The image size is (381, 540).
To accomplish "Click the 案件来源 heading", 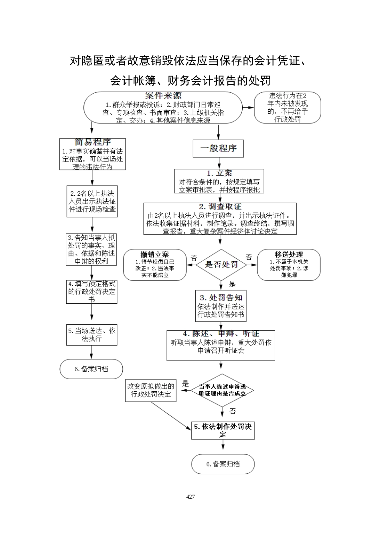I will coord(163,96).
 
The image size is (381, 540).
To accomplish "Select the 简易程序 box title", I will coord(93,142).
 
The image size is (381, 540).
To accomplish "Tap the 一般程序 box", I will coord(219,148).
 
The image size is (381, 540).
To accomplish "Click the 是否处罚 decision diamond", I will coord(221,264).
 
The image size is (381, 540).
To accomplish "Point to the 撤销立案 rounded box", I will coord(155,265).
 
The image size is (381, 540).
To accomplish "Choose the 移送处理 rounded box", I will coord(289,265).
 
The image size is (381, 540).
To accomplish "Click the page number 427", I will coord(190,497).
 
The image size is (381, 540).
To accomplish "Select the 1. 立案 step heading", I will coord(219,173).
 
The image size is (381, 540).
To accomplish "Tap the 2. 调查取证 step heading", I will coord(220,207).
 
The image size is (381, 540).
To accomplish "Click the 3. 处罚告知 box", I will coord(221,306).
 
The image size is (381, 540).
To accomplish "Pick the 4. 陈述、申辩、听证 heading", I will coord(221,334).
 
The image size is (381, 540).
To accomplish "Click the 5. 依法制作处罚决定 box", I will coord(223,430).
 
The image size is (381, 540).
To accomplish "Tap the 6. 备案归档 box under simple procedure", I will coord(91,369).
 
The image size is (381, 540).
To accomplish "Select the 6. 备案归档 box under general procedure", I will coord(223,464).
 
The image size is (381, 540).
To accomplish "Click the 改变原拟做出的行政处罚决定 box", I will coord(151,390).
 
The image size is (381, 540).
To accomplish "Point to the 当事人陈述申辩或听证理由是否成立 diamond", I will coord(222,390).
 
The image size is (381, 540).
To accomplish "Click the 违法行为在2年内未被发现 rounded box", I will coord(288,107).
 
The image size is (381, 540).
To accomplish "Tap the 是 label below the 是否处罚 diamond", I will coord(232,284).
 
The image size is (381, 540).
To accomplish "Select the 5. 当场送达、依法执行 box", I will coord(92,335).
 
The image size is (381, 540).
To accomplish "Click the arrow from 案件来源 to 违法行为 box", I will coord(249,107).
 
